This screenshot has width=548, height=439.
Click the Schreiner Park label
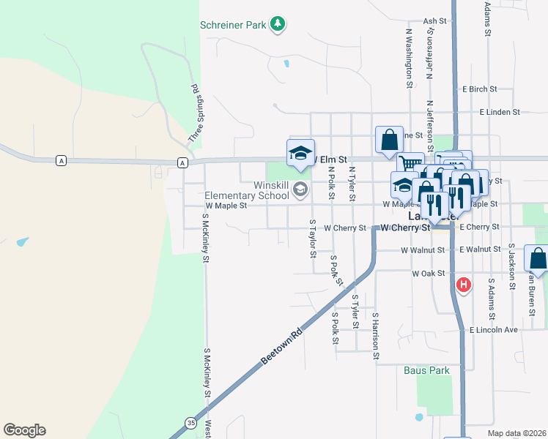pos(233,25)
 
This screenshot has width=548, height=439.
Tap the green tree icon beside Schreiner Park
pos(278,25)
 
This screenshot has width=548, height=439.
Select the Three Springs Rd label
pos(196,113)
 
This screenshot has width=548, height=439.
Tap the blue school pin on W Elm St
pos(300,154)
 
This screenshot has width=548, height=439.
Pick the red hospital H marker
pos(463,285)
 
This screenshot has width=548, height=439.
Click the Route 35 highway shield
pos(191,422)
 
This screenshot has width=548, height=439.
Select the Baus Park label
pos(426,370)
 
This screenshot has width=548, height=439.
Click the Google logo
pos(24,430)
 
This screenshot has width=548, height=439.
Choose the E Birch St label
pos(479,89)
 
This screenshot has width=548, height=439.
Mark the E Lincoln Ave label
pos(494,330)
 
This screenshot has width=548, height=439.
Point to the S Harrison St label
pos(375,336)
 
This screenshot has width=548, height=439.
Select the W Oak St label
pos(429,274)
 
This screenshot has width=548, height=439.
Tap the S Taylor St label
pos(313,239)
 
